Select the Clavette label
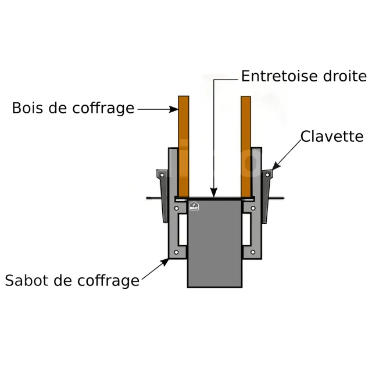pyautogui.click(x=332, y=137)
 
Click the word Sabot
pyautogui.click(x=27, y=281)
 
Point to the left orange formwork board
pyautogui.click(x=184, y=145)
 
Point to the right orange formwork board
pyautogui.click(x=246, y=145)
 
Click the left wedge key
pyautogui.click(x=162, y=195)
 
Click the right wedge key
pyautogui.click(x=267, y=195)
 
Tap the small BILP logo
pyautogui.click(x=194, y=205)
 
